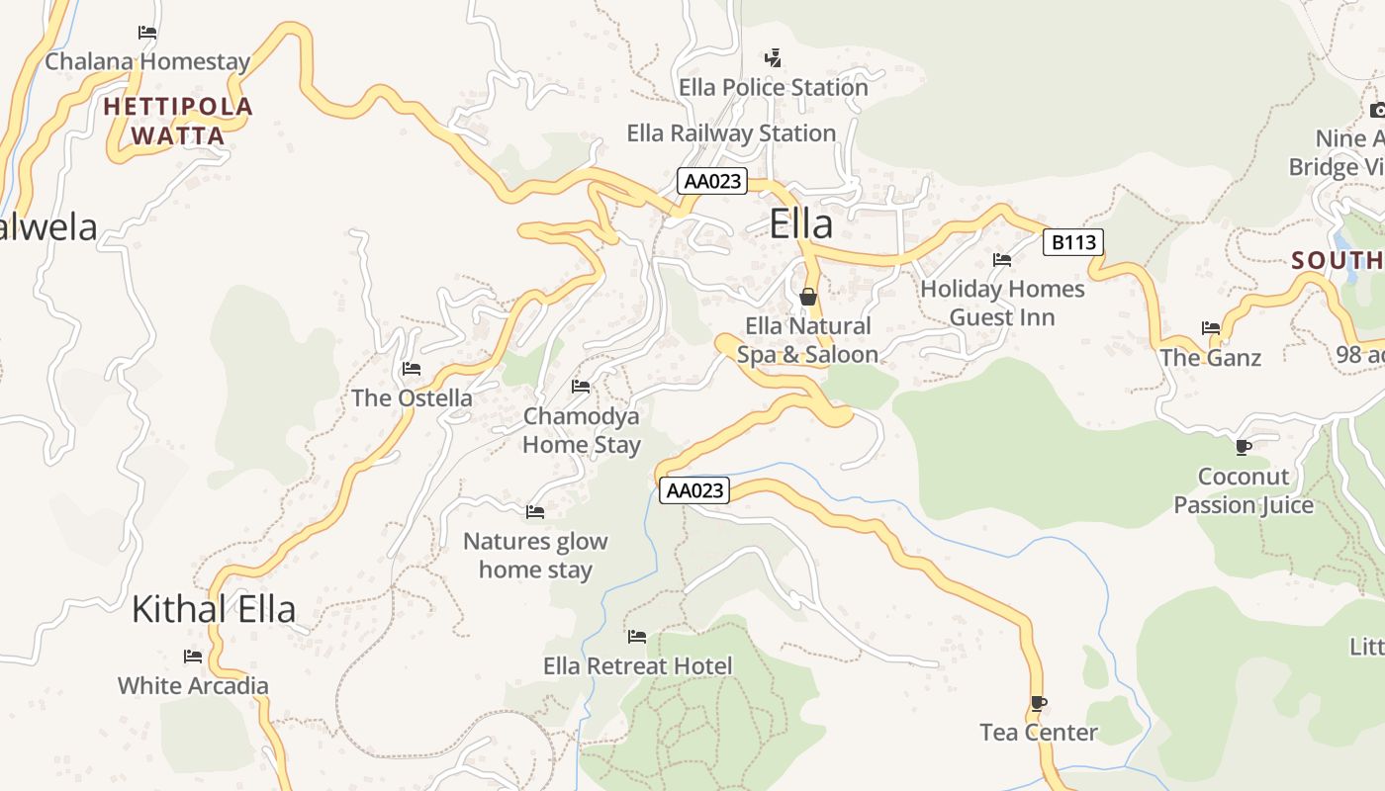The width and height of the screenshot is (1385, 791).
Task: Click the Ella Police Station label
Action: (x=773, y=87)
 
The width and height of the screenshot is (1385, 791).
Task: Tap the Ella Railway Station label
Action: (x=731, y=132)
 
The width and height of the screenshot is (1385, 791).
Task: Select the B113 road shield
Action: (x=1072, y=241)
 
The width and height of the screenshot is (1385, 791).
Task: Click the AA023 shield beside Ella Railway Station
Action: (x=712, y=181)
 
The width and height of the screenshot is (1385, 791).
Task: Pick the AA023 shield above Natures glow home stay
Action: (x=694, y=490)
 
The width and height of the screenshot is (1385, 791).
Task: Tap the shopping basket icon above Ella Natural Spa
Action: (x=807, y=296)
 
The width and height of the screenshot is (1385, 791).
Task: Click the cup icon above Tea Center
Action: (x=1038, y=703)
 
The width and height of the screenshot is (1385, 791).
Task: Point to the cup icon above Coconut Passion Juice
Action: (x=1244, y=447)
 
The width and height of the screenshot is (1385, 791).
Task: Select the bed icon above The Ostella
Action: (x=412, y=369)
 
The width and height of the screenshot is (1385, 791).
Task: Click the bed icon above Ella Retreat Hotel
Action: (x=637, y=636)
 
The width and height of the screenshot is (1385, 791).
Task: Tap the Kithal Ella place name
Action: (x=214, y=609)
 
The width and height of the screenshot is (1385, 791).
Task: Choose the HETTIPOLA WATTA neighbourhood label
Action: (x=178, y=121)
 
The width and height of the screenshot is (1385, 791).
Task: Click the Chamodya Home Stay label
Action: (x=582, y=430)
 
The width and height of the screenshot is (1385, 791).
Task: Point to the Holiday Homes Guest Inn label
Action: (x=1002, y=303)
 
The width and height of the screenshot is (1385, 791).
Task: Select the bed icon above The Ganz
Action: (x=1211, y=327)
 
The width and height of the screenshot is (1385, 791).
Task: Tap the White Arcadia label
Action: (x=193, y=685)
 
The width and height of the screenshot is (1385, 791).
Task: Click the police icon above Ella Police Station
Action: (x=773, y=58)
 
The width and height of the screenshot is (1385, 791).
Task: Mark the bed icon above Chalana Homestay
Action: (x=147, y=33)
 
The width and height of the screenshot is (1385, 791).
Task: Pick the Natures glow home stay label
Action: (x=535, y=555)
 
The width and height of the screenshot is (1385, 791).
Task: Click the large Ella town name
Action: (x=801, y=224)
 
